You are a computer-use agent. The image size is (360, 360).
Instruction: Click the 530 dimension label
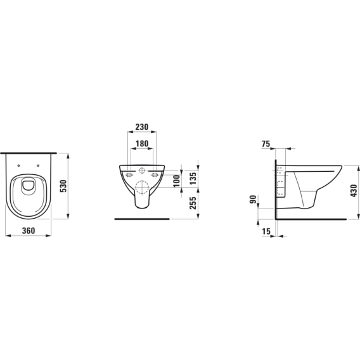63,186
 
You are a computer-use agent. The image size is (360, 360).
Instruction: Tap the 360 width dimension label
29,231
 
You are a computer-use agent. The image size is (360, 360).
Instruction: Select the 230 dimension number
142,127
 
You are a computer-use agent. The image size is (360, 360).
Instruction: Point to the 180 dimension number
142,143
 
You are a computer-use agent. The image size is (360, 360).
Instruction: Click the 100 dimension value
177,181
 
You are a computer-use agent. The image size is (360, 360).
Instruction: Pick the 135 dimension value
193,179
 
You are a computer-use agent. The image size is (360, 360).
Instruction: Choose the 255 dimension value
193,203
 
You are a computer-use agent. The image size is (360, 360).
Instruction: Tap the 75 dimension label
266,144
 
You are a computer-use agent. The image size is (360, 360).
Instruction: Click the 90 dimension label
253,199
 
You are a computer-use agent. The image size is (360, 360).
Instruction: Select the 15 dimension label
266,231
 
